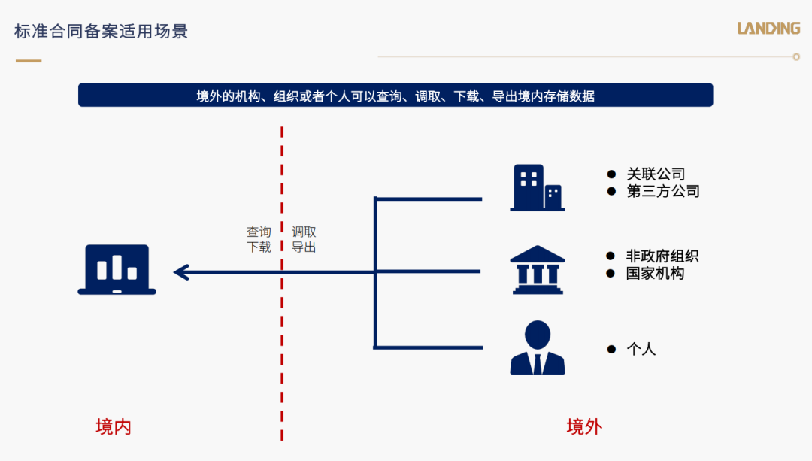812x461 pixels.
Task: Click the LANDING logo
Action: (768, 28)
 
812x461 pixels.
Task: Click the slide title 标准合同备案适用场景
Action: (101, 31)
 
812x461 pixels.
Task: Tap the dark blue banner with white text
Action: (395, 96)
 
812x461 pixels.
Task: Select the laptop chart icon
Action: (117, 269)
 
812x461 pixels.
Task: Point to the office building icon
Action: (538, 187)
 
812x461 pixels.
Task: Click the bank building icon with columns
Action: (538, 270)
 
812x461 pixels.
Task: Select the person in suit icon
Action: (538, 347)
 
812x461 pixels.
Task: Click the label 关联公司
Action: (656, 174)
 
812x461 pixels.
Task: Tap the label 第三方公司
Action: (663, 191)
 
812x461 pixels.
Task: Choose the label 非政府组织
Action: (662, 256)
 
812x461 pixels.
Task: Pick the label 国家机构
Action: (655, 273)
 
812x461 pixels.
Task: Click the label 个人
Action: (641, 349)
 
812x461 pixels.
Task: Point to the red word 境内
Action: (114, 427)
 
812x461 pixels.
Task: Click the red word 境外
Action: (584, 427)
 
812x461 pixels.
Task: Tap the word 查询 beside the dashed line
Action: (259, 232)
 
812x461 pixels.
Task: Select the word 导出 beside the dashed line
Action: (304, 247)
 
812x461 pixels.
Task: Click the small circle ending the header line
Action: (796, 57)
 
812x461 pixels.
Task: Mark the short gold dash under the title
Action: (29, 61)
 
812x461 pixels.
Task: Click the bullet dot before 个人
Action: (611, 350)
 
